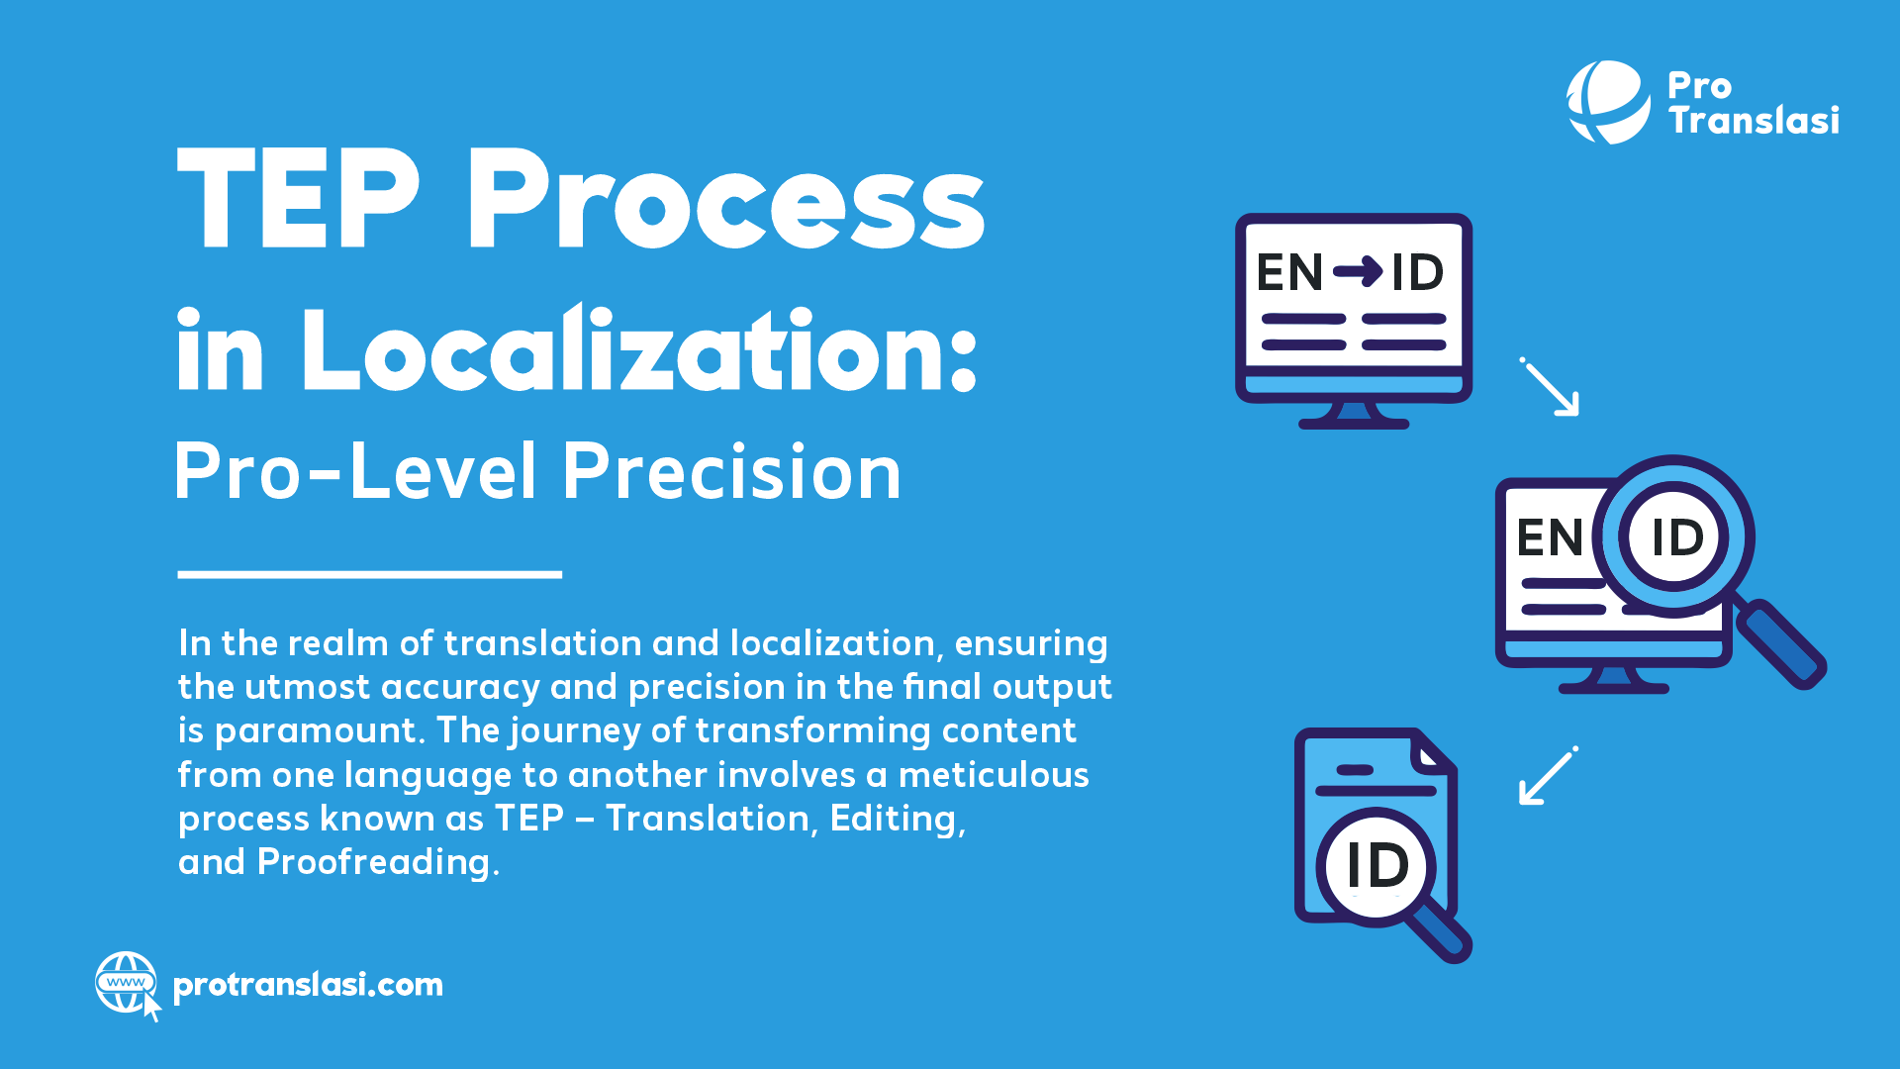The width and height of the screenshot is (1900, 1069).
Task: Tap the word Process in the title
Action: tap(725, 198)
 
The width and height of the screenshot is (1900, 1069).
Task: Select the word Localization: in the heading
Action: tap(639, 351)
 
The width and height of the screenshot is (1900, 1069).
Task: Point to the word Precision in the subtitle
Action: tap(732, 471)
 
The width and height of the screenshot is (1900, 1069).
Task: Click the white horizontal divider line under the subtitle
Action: tap(369, 574)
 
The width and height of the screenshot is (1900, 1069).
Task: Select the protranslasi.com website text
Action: tap(308, 985)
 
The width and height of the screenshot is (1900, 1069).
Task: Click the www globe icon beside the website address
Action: tap(126, 983)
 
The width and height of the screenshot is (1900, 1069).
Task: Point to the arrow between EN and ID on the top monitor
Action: tap(1357, 270)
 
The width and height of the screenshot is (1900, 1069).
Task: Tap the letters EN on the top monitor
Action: tap(1289, 272)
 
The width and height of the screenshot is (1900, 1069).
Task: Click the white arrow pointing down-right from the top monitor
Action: tap(1551, 387)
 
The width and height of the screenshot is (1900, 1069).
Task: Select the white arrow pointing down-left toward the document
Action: tap(1547, 776)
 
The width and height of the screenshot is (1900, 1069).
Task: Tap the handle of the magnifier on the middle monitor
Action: tap(1781, 645)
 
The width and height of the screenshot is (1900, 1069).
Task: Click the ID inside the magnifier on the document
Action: tap(1377, 865)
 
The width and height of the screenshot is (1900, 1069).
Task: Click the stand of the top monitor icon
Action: tap(1354, 415)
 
